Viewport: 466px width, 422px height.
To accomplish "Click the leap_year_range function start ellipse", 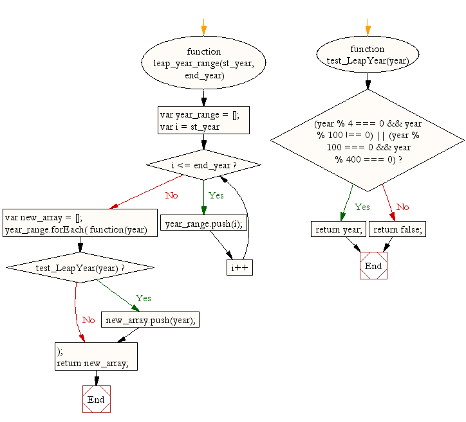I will pos(203,63).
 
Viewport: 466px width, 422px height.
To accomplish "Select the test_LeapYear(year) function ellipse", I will pos(368,55).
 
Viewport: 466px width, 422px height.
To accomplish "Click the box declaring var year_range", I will pos(203,120).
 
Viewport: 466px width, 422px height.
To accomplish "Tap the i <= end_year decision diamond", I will pos(203,165).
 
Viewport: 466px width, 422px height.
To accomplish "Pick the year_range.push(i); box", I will pos(203,224).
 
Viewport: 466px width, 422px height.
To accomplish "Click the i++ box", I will pos(239,267).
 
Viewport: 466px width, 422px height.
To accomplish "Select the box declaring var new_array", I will pos(80,223).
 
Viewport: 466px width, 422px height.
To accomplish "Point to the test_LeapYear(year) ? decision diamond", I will pos(80,267).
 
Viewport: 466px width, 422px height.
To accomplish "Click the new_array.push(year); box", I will pos(150,320).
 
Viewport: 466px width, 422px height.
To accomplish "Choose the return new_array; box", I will pos(96,356).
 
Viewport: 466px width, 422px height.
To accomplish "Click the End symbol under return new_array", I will pos(96,400).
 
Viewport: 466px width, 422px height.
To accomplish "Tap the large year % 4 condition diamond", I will pos(368,141).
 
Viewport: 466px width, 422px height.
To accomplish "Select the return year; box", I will pos(339,229).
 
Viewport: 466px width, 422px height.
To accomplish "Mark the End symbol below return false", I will pos(373,266).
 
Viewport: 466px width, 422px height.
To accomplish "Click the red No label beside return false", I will pos(402,207).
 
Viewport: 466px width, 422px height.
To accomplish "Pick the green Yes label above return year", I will pos(362,207).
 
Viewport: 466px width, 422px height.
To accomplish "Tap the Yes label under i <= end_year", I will pos(216,195).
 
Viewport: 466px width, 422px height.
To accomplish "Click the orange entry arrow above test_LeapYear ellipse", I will pos(368,28).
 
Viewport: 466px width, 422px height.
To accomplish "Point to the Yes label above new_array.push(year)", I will pos(144,298).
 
